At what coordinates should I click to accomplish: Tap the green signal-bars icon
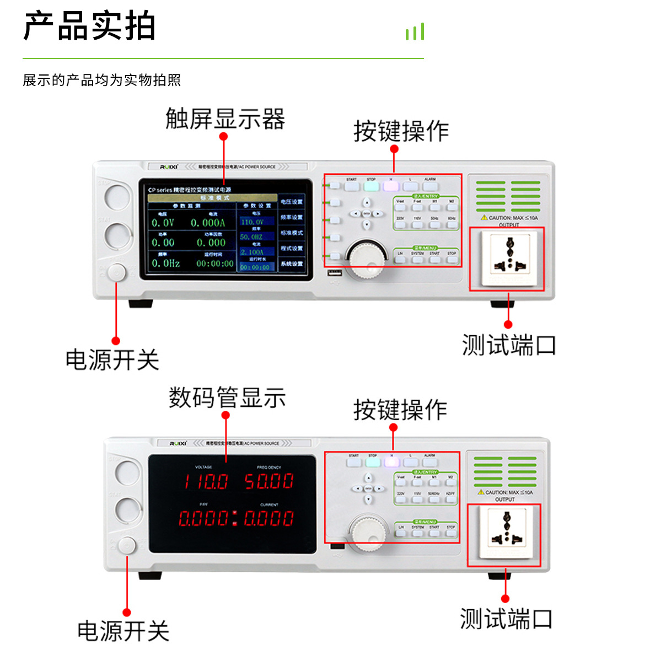coord(415,32)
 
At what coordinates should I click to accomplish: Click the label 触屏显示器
coord(225,119)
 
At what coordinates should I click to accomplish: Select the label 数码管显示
coord(227,398)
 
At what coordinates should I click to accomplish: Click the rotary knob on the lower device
coord(368,533)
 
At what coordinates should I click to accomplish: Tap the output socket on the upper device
coord(508,258)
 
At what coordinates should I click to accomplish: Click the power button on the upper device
coord(117,272)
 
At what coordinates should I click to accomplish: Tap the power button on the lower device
coord(127,546)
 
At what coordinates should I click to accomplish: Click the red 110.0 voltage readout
coord(206,482)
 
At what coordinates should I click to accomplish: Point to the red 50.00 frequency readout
coord(269,481)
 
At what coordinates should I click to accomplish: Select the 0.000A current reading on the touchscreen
coord(208,223)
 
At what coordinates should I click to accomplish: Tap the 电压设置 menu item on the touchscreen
coord(291,202)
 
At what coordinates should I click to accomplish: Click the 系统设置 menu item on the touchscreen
coord(291,264)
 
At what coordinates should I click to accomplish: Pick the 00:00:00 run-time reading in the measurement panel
coord(215,264)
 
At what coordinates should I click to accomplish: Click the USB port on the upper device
coord(335,272)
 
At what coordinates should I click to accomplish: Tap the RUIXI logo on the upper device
coord(169,166)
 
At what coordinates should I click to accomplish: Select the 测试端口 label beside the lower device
coord(506,619)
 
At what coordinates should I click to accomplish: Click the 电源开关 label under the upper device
coord(112,360)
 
